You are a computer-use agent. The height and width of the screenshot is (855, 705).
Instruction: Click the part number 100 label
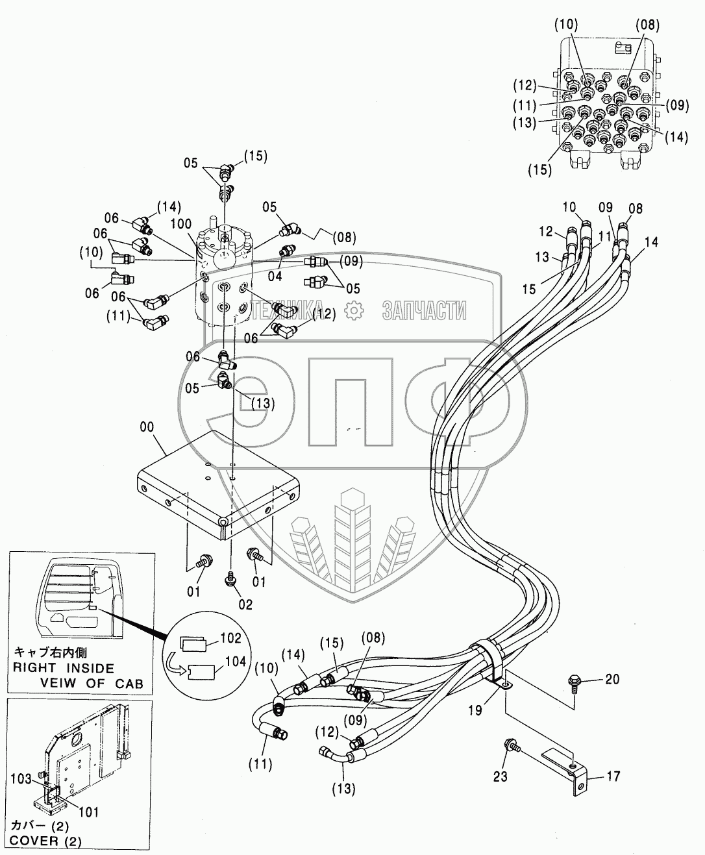click(x=181, y=223)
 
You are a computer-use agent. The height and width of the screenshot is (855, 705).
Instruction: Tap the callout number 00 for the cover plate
click(x=147, y=427)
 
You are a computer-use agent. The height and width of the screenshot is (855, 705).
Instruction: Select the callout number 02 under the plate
click(x=245, y=604)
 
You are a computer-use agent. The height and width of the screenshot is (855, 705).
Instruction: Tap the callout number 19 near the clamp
click(x=475, y=710)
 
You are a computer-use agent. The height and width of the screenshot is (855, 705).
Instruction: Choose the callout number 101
click(x=89, y=812)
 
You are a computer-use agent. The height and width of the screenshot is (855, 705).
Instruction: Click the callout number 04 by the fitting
click(x=275, y=276)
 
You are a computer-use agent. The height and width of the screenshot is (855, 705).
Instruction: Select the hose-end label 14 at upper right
click(x=651, y=242)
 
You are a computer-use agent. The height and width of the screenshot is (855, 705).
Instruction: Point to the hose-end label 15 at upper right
click(x=529, y=289)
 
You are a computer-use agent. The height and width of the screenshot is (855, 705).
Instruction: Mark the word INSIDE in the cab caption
click(x=85, y=669)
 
